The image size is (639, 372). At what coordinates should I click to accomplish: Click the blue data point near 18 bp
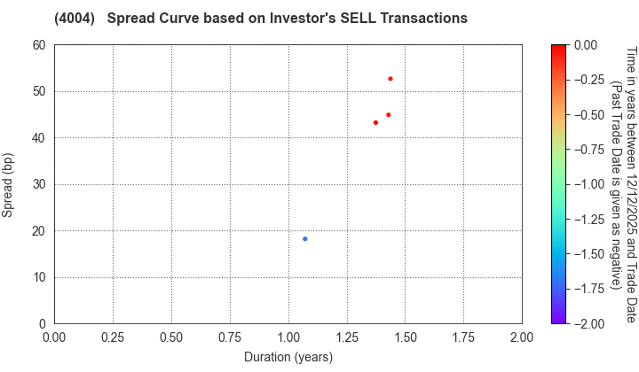click(305, 239)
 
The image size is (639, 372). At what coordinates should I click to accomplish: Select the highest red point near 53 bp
click(390, 79)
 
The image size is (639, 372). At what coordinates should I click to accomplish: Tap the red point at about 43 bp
click(375, 123)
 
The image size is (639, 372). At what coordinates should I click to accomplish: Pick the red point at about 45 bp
click(389, 115)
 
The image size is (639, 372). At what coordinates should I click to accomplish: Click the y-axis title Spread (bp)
click(8, 184)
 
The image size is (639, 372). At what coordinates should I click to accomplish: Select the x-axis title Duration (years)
click(288, 357)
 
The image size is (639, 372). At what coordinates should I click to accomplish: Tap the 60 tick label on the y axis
click(39, 45)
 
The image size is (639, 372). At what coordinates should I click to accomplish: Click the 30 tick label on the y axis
click(39, 184)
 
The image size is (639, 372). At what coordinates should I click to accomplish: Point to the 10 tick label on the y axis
click(39, 277)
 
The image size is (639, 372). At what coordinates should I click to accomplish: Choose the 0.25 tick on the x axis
click(113, 337)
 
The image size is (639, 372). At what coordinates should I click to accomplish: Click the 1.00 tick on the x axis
click(288, 337)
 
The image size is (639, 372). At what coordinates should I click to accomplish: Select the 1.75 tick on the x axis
click(463, 337)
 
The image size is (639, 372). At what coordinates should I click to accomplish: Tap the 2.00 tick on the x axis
click(522, 337)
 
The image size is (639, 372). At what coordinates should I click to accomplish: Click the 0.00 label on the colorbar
click(586, 45)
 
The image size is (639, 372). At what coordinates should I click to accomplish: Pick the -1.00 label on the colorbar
click(588, 184)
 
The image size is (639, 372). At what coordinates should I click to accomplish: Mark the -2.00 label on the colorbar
click(588, 324)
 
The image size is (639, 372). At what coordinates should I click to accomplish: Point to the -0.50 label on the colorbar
click(588, 115)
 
